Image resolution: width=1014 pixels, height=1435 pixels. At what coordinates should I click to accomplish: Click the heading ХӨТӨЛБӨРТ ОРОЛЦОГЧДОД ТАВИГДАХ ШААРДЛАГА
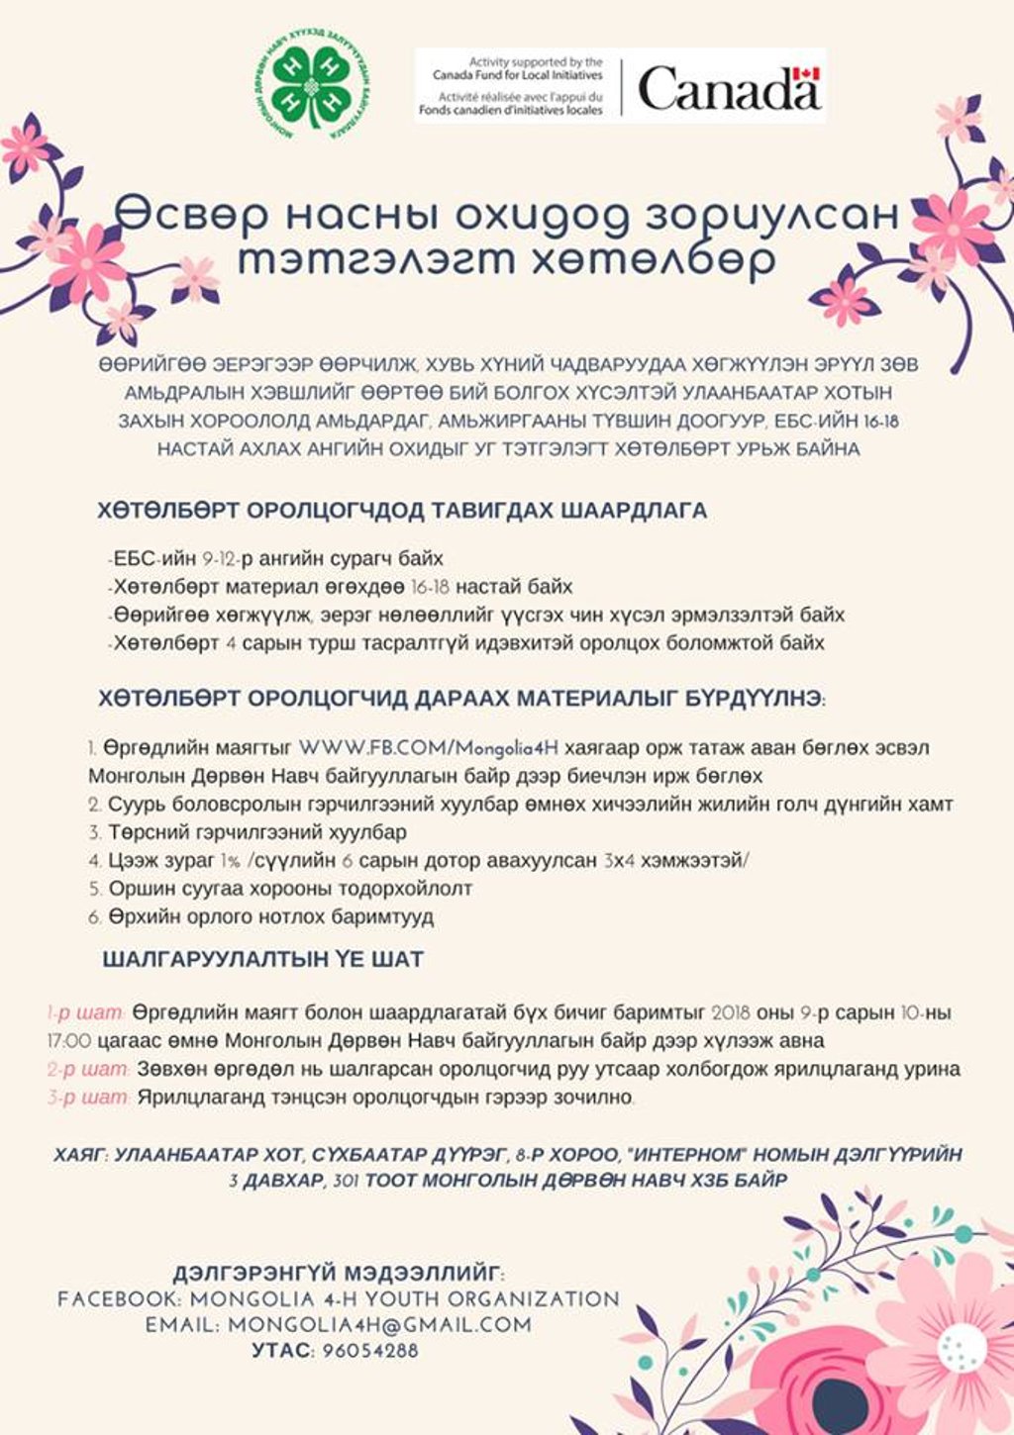[402, 511]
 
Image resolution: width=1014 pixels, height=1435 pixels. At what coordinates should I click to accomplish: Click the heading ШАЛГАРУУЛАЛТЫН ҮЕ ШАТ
[263, 959]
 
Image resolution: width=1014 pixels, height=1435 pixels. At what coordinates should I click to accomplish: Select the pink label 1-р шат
[86, 1013]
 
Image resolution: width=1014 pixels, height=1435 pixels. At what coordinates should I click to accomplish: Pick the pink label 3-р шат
[88, 1097]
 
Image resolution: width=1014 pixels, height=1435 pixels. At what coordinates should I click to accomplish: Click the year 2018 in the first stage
[731, 1013]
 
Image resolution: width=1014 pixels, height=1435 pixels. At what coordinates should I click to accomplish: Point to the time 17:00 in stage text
[69, 1041]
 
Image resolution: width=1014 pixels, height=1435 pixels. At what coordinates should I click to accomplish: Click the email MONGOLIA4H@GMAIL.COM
[379, 1324]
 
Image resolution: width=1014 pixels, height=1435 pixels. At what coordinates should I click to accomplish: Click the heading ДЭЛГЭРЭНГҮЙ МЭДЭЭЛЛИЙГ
[339, 1273]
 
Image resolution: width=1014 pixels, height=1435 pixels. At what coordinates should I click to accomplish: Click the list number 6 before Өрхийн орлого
[93, 917]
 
